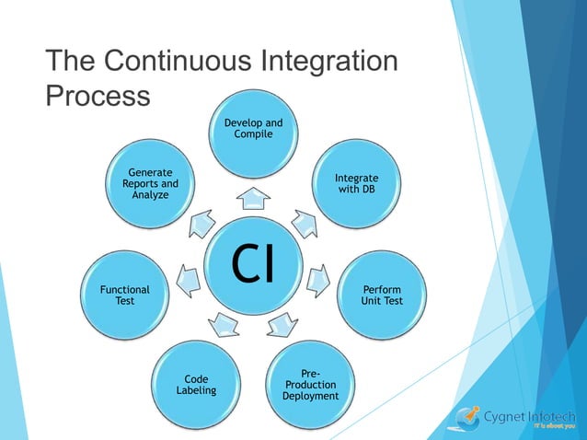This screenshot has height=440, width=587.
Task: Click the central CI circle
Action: point(253,263)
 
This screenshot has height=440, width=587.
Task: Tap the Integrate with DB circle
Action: point(356,183)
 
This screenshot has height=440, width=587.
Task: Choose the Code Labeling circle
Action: point(196,384)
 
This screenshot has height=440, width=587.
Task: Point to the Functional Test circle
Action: point(124,295)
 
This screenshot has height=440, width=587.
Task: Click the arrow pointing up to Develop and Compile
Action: point(253,199)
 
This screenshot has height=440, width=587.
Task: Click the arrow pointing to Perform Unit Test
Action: point(317,278)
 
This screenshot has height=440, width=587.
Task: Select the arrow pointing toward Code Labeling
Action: point(224,322)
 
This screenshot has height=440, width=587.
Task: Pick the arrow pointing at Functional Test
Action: point(189,278)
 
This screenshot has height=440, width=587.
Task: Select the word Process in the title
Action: point(98,96)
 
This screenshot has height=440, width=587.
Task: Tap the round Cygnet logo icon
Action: point(466,418)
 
